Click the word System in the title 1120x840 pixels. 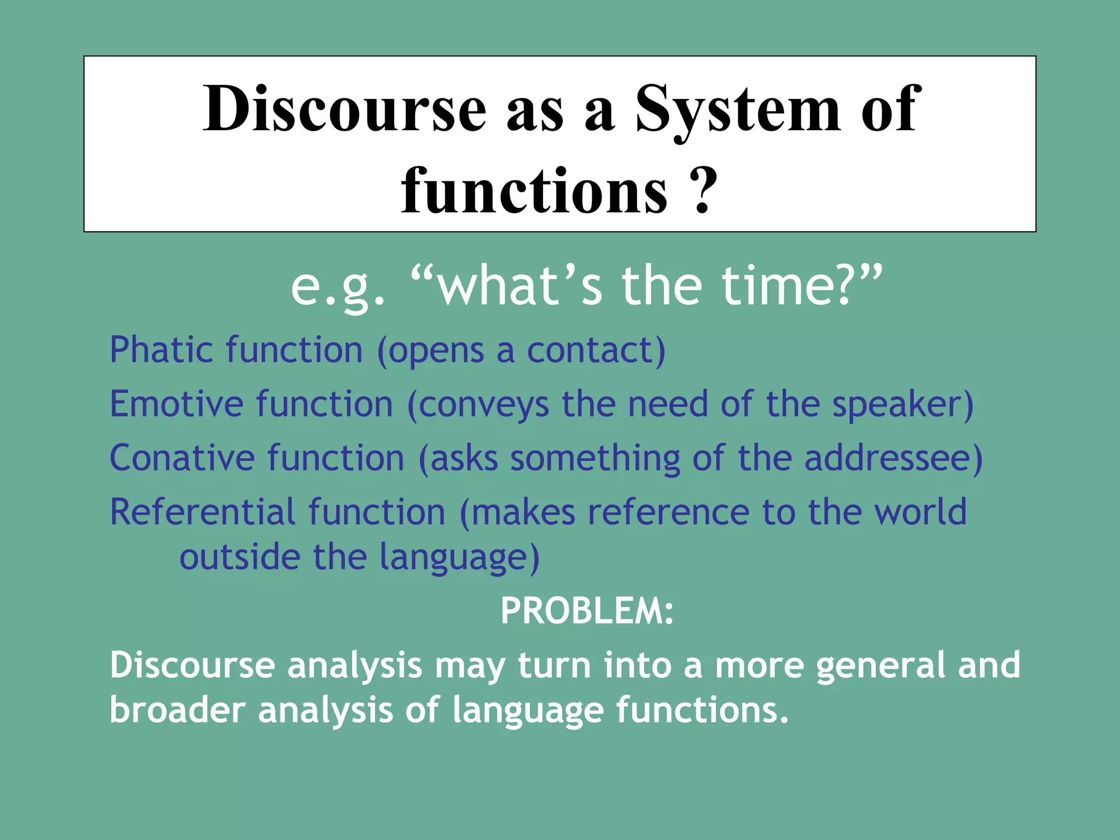(x=738, y=109)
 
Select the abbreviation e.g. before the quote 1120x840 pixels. (x=338, y=288)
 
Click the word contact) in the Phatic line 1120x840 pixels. (x=596, y=350)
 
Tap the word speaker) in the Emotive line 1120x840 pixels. (x=903, y=405)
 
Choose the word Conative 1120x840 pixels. (x=182, y=458)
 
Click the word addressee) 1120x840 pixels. (x=893, y=458)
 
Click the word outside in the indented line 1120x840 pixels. (x=240, y=557)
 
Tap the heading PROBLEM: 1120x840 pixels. (x=587, y=611)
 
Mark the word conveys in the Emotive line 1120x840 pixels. (x=483, y=405)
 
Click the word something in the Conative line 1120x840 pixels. (x=595, y=458)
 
